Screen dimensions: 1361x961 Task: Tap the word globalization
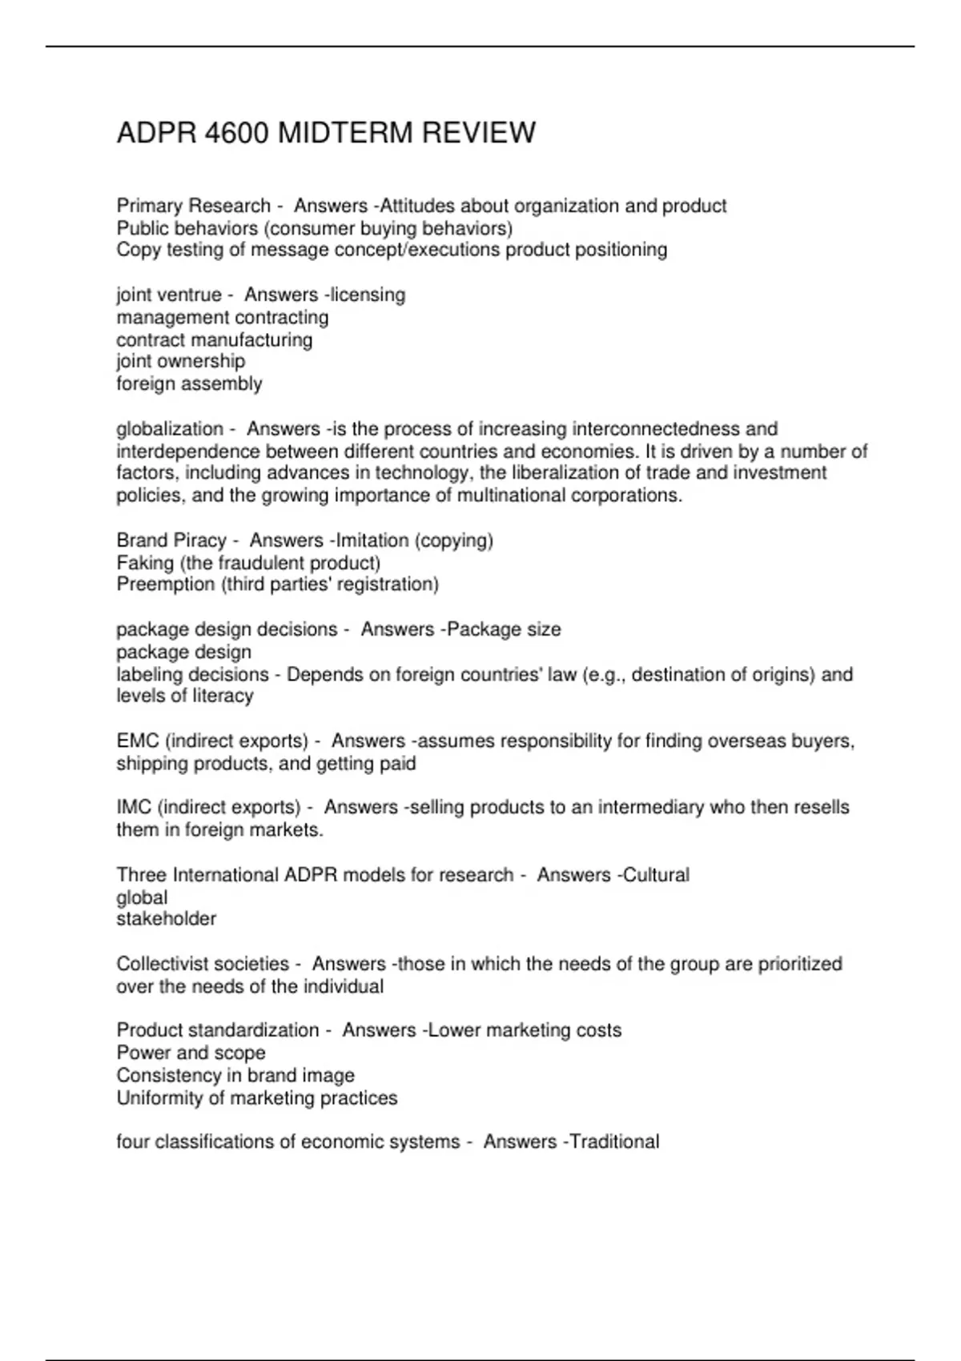point(170,429)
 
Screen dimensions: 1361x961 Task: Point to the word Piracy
point(199,540)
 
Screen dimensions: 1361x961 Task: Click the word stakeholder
point(167,919)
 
